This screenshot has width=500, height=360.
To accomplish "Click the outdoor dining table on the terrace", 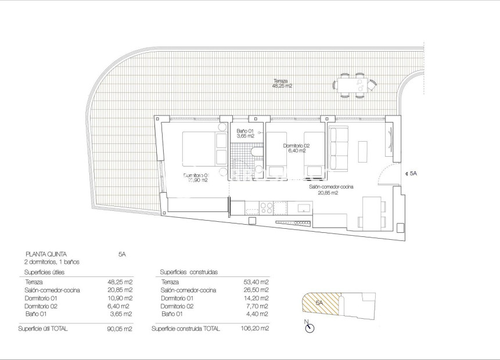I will [352, 85].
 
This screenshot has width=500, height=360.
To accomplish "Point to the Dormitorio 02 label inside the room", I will [296, 149].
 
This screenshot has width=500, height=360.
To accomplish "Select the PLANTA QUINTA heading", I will [46, 254].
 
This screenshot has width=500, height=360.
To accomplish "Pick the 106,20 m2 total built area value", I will [256, 329].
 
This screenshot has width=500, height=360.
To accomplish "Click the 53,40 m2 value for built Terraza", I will [256, 282].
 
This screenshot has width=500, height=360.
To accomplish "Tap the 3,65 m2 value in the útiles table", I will [121, 314].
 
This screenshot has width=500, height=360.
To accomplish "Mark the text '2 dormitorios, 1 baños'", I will [52, 262].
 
